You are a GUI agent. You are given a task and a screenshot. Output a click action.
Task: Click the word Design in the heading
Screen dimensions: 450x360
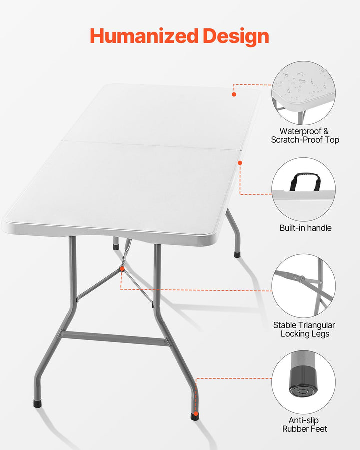236,36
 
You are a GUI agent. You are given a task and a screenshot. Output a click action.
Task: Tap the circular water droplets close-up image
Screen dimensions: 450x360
303,93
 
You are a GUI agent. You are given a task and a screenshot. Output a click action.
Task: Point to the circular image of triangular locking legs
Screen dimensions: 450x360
303,285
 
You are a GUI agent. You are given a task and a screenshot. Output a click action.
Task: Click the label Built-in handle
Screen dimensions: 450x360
305,228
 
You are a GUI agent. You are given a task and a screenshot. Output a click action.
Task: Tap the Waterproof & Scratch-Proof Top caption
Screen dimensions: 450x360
305,136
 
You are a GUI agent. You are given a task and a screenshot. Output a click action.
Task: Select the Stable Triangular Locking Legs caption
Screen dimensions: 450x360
304,329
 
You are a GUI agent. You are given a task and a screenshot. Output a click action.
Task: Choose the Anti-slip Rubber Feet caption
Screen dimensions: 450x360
304,425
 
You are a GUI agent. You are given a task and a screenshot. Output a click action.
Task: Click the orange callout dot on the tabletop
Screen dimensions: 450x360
234,94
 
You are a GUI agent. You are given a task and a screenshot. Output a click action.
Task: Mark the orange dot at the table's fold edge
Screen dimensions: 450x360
240,163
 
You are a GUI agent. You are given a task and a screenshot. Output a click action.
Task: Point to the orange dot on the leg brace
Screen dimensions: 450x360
122,269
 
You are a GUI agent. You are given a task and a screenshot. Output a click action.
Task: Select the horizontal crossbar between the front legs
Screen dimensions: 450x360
114,338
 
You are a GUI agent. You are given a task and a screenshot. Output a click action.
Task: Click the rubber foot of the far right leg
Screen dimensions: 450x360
237,255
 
